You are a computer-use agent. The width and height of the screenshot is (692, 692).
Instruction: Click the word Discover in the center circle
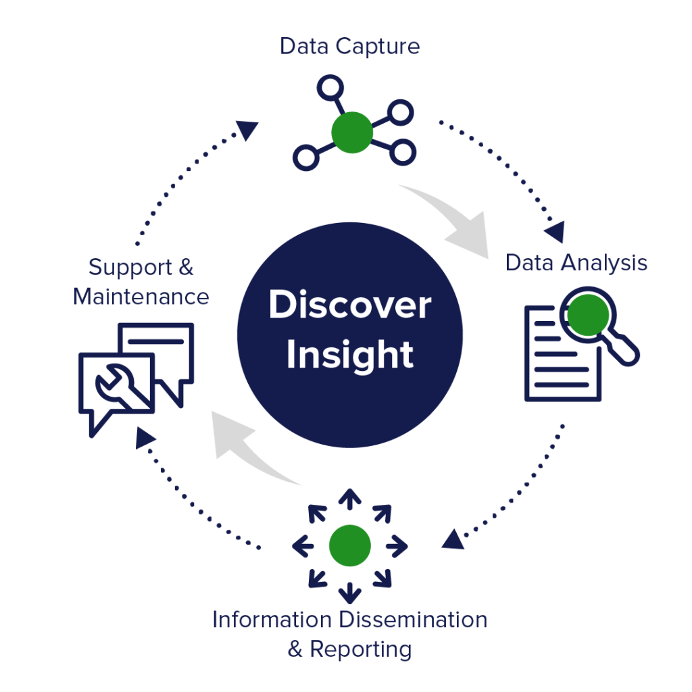coord(349,305)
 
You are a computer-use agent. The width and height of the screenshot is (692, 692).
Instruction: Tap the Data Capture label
coord(349,47)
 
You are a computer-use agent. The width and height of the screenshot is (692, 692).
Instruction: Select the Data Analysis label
coord(576,263)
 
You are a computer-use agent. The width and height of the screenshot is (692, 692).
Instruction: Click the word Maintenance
coord(141,297)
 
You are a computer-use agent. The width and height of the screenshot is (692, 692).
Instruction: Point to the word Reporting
coord(360,649)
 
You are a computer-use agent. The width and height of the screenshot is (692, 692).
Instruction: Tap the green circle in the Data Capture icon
coord(352,132)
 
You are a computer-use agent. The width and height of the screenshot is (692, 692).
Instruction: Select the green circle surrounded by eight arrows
coord(349,545)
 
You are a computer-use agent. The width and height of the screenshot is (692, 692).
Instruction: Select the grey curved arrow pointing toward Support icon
coord(247,446)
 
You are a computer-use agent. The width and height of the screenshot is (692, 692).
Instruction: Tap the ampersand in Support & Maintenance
coord(187,267)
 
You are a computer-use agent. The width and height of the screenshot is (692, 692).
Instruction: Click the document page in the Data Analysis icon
coord(558,358)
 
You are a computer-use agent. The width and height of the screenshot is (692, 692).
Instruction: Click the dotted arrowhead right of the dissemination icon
coord(453,539)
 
